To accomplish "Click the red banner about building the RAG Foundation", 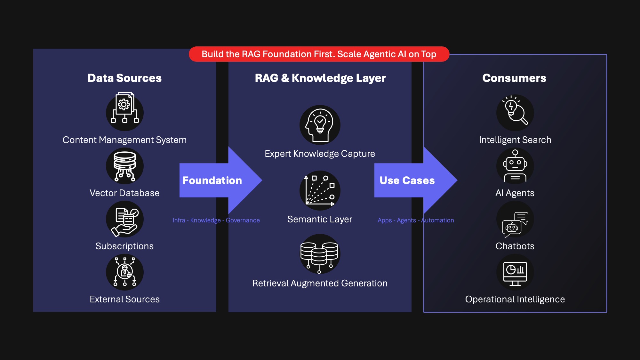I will [319, 54].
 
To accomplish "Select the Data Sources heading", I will [124, 78].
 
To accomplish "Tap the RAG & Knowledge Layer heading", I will [320, 78].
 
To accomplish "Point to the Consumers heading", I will [514, 78].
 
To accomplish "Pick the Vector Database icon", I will [124, 166].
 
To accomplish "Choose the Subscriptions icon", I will [124, 219].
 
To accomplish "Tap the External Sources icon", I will [124, 272].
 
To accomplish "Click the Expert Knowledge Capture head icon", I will [320, 125].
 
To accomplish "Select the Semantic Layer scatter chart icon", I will [320, 190].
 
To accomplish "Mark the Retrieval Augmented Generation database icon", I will [319, 254].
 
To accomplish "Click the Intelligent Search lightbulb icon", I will [515, 112].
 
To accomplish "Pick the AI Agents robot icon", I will [515, 166].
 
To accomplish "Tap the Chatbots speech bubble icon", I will [515, 224].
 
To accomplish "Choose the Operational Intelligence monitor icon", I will [515, 273].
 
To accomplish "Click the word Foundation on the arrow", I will [212, 180].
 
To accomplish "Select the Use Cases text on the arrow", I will [407, 180].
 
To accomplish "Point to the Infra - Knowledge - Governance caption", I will [216, 220].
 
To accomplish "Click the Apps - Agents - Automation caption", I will [416, 220].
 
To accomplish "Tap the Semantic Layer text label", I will [320, 219].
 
